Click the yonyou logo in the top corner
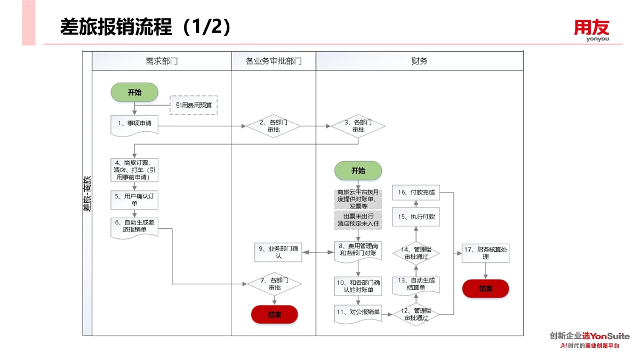point(591,30)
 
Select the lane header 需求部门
point(162,61)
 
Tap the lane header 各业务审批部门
point(274,61)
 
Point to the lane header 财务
point(420,61)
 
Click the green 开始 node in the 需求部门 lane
point(134,92)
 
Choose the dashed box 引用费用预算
point(194,105)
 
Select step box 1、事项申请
point(134,124)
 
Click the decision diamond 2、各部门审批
point(274,126)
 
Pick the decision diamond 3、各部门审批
point(358,126)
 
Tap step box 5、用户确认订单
point(134,199)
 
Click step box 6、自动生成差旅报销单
point(134,227)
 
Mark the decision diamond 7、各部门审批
point(274,284)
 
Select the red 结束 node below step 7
point(274,315)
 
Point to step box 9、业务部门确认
point(278,252)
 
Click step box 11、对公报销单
point(358,313)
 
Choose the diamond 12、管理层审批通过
point(417,314)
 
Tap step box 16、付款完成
point(417,193)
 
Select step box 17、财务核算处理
point(485,253)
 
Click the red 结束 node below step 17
point(485,289)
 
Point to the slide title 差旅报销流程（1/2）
point(146,27)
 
